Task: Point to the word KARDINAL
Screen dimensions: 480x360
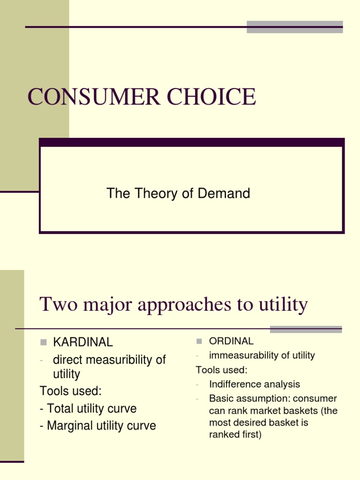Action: (x=83, y=342)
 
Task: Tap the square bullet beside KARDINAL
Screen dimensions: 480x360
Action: (x=44, y=342)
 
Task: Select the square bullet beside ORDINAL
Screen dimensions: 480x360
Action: (x=199, y=341)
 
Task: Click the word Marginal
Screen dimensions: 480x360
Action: (x=69, y=426)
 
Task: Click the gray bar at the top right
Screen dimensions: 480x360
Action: (x=294, y=27)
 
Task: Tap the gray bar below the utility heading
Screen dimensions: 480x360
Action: (x=306, y=329)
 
